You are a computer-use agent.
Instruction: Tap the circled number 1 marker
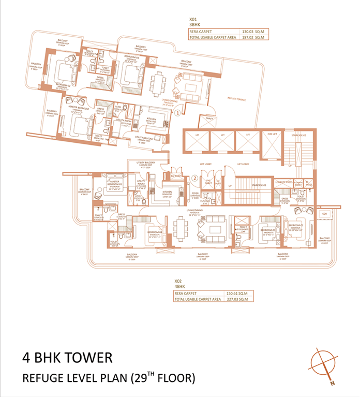(x=177, y=111)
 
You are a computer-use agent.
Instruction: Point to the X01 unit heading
(x=193, y=19)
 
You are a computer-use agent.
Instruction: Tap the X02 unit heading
(x=178, y=282)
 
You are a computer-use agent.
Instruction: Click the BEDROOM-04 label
(x=154, y=232)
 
